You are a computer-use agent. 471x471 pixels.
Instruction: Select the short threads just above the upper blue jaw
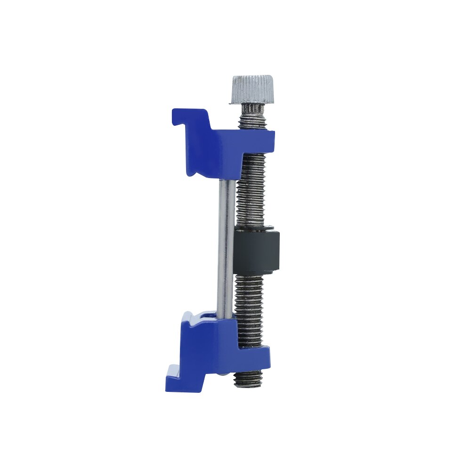(x=252, y=123)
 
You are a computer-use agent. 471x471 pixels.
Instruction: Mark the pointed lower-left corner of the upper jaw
(x=190, y=173)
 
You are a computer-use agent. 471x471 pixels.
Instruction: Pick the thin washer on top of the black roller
(x=254, y=229)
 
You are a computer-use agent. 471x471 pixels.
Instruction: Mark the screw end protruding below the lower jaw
(x=248, y=379)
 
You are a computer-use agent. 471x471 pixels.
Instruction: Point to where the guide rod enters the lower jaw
(x=226, y=317)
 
